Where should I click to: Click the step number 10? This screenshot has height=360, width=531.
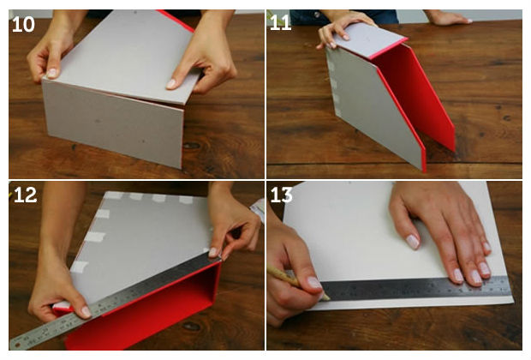[23, 25]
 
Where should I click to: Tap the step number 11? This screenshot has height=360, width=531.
[281, 23]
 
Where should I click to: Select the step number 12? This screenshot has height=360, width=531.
[25, 195]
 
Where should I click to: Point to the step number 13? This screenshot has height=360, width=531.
[282, 195]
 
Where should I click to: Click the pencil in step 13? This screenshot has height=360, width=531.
[298, 283]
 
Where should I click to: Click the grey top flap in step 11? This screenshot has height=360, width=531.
[369, 39]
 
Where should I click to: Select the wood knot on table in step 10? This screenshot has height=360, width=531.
[192, 146]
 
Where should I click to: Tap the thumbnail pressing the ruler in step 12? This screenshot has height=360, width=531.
[87, 311]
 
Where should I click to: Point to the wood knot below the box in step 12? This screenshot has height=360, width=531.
[192, 327]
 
